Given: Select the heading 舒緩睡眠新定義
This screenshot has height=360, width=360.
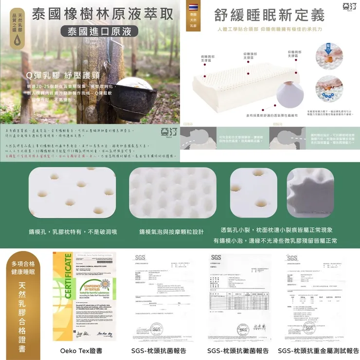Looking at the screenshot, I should point(269,16).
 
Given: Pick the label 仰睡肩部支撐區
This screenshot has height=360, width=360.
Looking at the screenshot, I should point(295,54).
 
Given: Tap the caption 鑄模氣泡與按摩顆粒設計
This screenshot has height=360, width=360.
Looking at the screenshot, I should point(171,232).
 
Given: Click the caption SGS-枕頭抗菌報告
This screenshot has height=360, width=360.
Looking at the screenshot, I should point(159,350).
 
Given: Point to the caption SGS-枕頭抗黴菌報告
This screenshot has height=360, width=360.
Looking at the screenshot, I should point(238,350).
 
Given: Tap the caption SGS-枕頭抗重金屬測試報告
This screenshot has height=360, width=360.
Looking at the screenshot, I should point(318,350).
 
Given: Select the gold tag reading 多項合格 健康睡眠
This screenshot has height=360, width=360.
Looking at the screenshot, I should point(22,267).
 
